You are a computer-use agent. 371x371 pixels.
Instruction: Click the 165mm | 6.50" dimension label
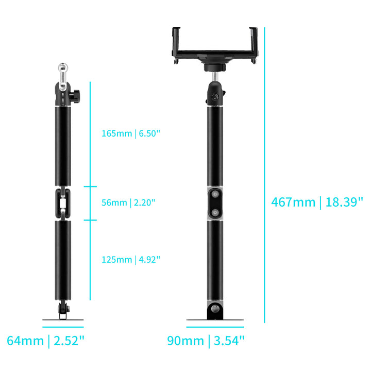click(x=131, y=133)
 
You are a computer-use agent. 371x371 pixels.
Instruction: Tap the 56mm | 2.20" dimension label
click(x=128, y=203)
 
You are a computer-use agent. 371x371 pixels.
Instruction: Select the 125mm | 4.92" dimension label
click(x=131, y=260)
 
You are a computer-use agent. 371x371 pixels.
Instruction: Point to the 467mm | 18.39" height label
click(x=317, y=203)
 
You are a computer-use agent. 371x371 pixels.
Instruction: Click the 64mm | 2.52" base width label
click(x=46, y=341)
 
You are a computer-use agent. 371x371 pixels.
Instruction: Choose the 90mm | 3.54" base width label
click(x=206, y=341)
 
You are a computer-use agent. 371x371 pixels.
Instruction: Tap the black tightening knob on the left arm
click(x=75, y=96)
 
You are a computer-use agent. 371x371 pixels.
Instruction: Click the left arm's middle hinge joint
click(x=63, y=204)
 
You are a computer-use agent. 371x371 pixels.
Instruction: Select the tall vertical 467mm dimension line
click(x=264, y=175)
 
